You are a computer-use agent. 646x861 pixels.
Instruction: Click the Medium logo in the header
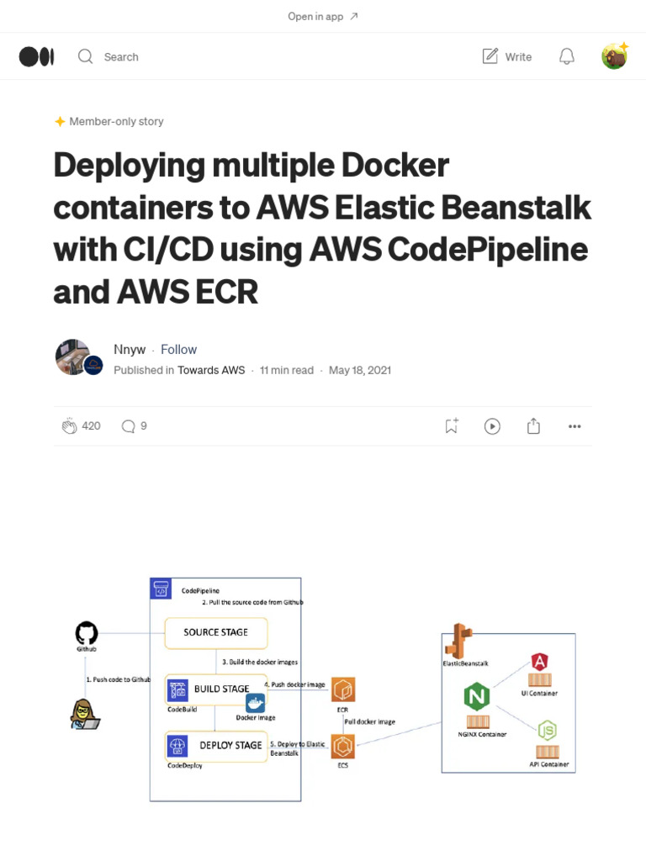(37, 56)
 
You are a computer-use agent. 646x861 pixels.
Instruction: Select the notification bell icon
(567, 56)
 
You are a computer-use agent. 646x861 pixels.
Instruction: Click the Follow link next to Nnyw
(178, 349)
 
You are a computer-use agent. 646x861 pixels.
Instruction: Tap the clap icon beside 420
(69, 426)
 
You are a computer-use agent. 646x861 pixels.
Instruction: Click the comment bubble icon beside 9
(128, 426)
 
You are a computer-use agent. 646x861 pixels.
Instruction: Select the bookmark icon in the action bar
(452, 426)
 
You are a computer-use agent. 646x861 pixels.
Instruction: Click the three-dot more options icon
(575, 426)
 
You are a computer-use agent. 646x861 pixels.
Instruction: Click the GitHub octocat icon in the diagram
(87, 633)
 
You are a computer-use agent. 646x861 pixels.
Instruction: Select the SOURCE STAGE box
(216, 632)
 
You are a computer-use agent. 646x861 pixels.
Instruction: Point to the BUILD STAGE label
(222, 689)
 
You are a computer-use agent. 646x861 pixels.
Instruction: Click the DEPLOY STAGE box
(217, 745)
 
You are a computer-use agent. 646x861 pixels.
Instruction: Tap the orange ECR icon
(343, 690)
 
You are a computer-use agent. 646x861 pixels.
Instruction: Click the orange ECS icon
(343, 746)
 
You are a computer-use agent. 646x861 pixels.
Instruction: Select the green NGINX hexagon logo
(477, 697)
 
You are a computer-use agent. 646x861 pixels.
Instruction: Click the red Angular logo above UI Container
(540, 662)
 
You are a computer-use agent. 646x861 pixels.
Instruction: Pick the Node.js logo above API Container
(548, 730)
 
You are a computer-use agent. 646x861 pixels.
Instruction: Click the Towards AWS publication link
(211, 370)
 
